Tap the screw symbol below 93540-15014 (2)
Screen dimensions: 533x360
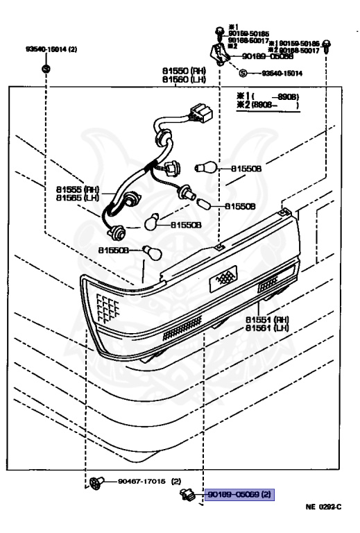[46, 68]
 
